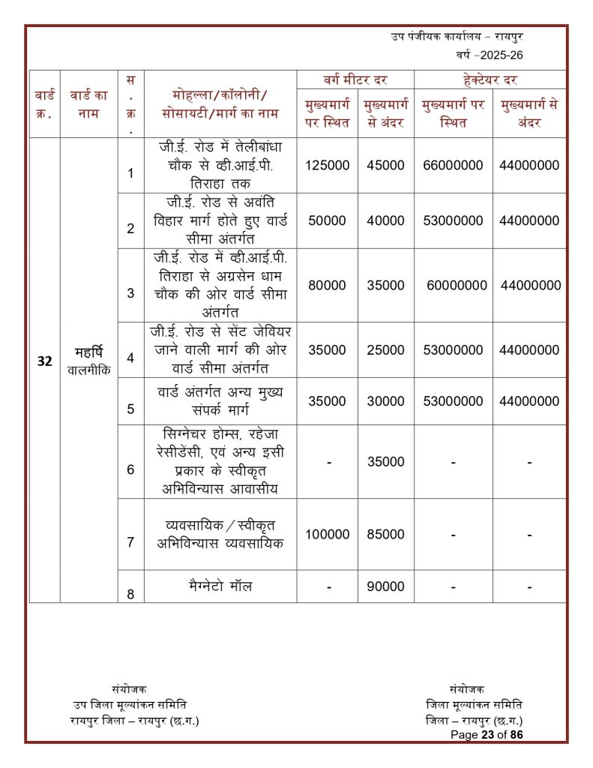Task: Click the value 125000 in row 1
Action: pos(327,166)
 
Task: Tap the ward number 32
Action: pos(44,361)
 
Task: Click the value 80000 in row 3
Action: pos(327,286)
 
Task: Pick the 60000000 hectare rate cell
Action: pos(457,286)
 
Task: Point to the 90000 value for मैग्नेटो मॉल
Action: pos(385,587)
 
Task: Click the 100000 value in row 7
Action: pos(327,535)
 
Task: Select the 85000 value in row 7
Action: pos(385,535)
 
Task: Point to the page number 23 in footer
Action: pos(491,735)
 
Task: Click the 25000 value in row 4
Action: pos(385,350)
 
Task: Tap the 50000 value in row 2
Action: pos(327,220)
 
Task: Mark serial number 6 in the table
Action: pos(130,470)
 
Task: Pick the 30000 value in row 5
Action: pos(385,401)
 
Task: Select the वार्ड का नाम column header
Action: pos(88,103)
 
